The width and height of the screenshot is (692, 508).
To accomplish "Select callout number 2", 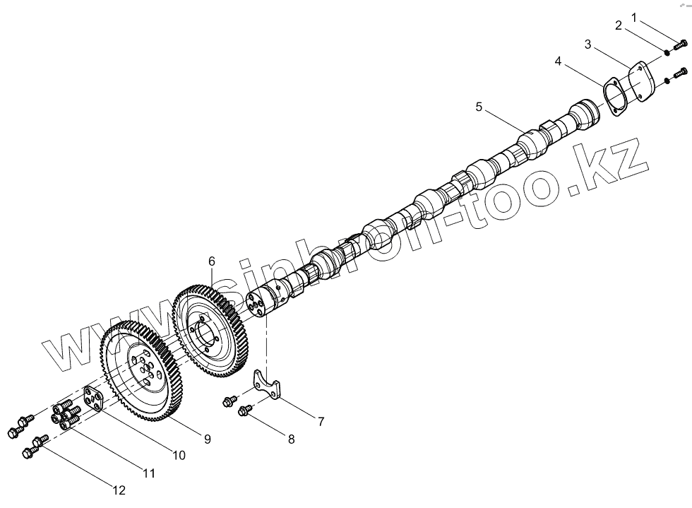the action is pos(619,26).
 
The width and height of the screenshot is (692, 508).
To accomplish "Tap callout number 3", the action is pos(587,45).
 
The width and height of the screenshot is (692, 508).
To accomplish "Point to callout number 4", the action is pos(559,62).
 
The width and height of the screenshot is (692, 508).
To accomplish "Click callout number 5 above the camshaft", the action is pos(479,107).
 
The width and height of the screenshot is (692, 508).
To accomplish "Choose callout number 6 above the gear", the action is pos(212,261).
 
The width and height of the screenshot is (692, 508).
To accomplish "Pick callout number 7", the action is pos(321,422).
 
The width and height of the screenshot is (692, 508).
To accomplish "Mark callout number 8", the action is pos(290,439).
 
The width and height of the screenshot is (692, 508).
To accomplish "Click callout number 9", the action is pos(208,439).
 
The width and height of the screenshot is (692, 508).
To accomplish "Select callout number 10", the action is pos(179,456).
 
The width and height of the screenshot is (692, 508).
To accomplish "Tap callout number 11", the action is pos(149,473).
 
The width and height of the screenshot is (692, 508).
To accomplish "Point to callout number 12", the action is pos(119,490).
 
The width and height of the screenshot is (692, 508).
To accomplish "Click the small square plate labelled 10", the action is pos(94,399).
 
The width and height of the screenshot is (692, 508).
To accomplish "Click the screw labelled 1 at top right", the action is pos(681,45).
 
